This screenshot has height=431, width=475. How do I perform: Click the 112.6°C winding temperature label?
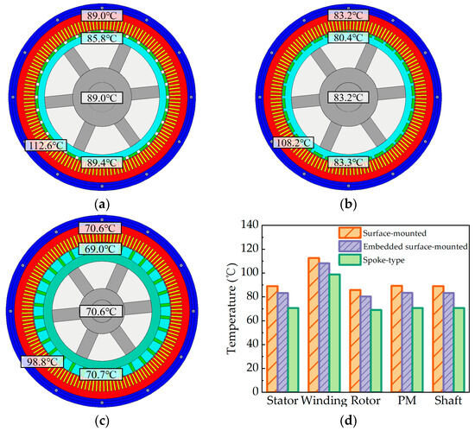47,145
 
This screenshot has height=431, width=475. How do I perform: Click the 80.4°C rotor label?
344,39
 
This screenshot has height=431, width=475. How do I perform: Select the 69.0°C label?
105,249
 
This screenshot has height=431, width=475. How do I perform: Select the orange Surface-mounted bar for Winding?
289,324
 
